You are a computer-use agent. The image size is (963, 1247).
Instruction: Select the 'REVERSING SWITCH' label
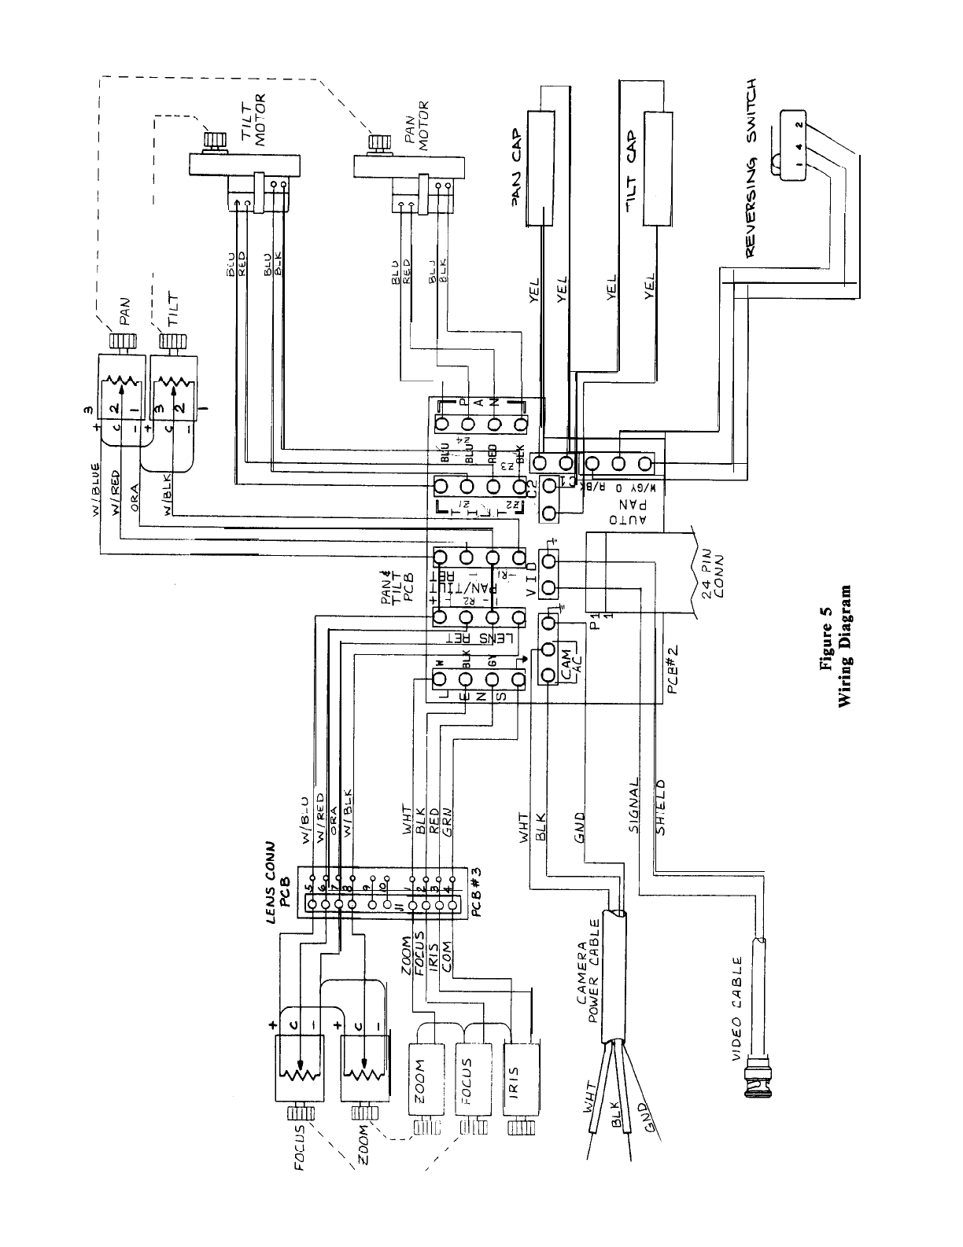tap(751, 167)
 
